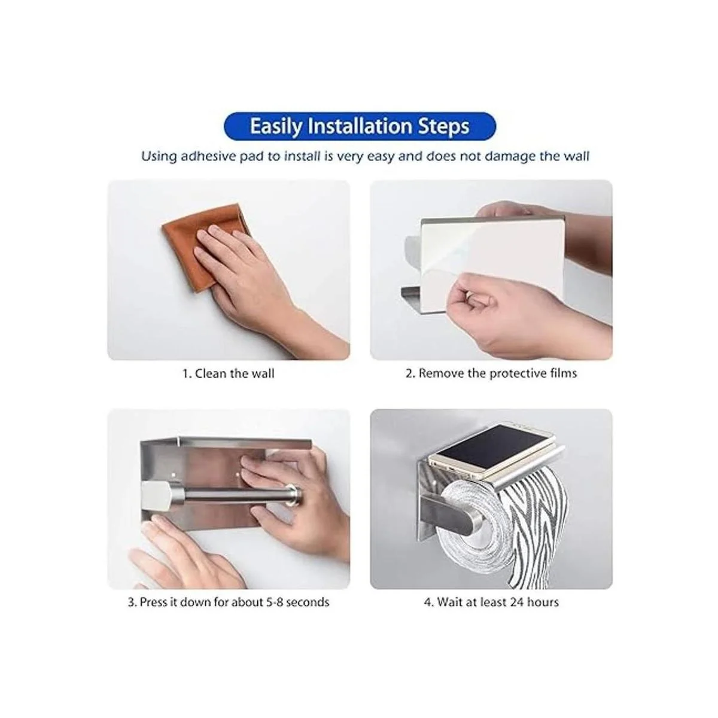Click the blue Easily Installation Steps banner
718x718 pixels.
pos(360,126)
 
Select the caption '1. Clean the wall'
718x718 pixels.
pos(229,374)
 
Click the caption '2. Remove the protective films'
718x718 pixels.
pos(491,374)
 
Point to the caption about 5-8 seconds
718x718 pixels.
pos(229,602)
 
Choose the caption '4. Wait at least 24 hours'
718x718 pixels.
pos(491,602)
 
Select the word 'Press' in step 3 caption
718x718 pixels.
pos(153,602)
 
